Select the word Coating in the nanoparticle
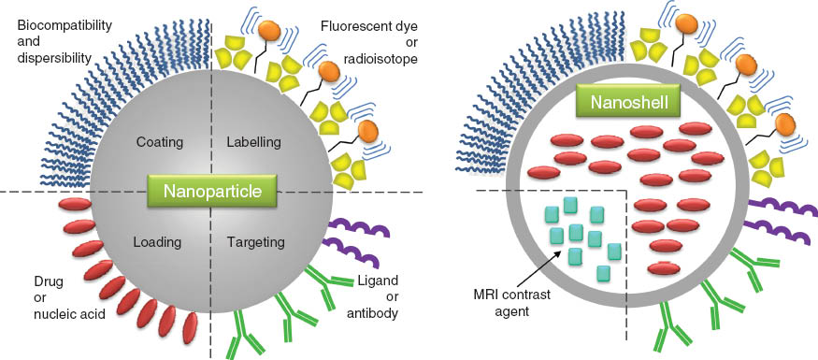tap(159, 142)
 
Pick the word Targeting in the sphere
tap(256, 241)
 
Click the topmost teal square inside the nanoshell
tap(569, 205)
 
